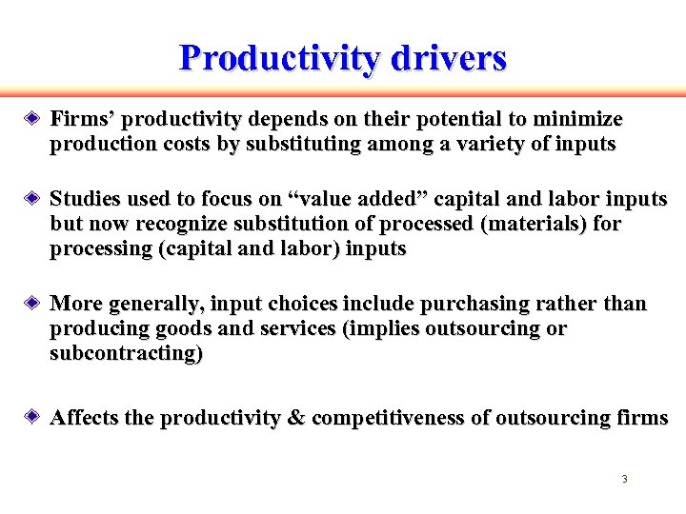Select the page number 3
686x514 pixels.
[624, 479]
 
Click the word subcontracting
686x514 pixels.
[126, 354]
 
